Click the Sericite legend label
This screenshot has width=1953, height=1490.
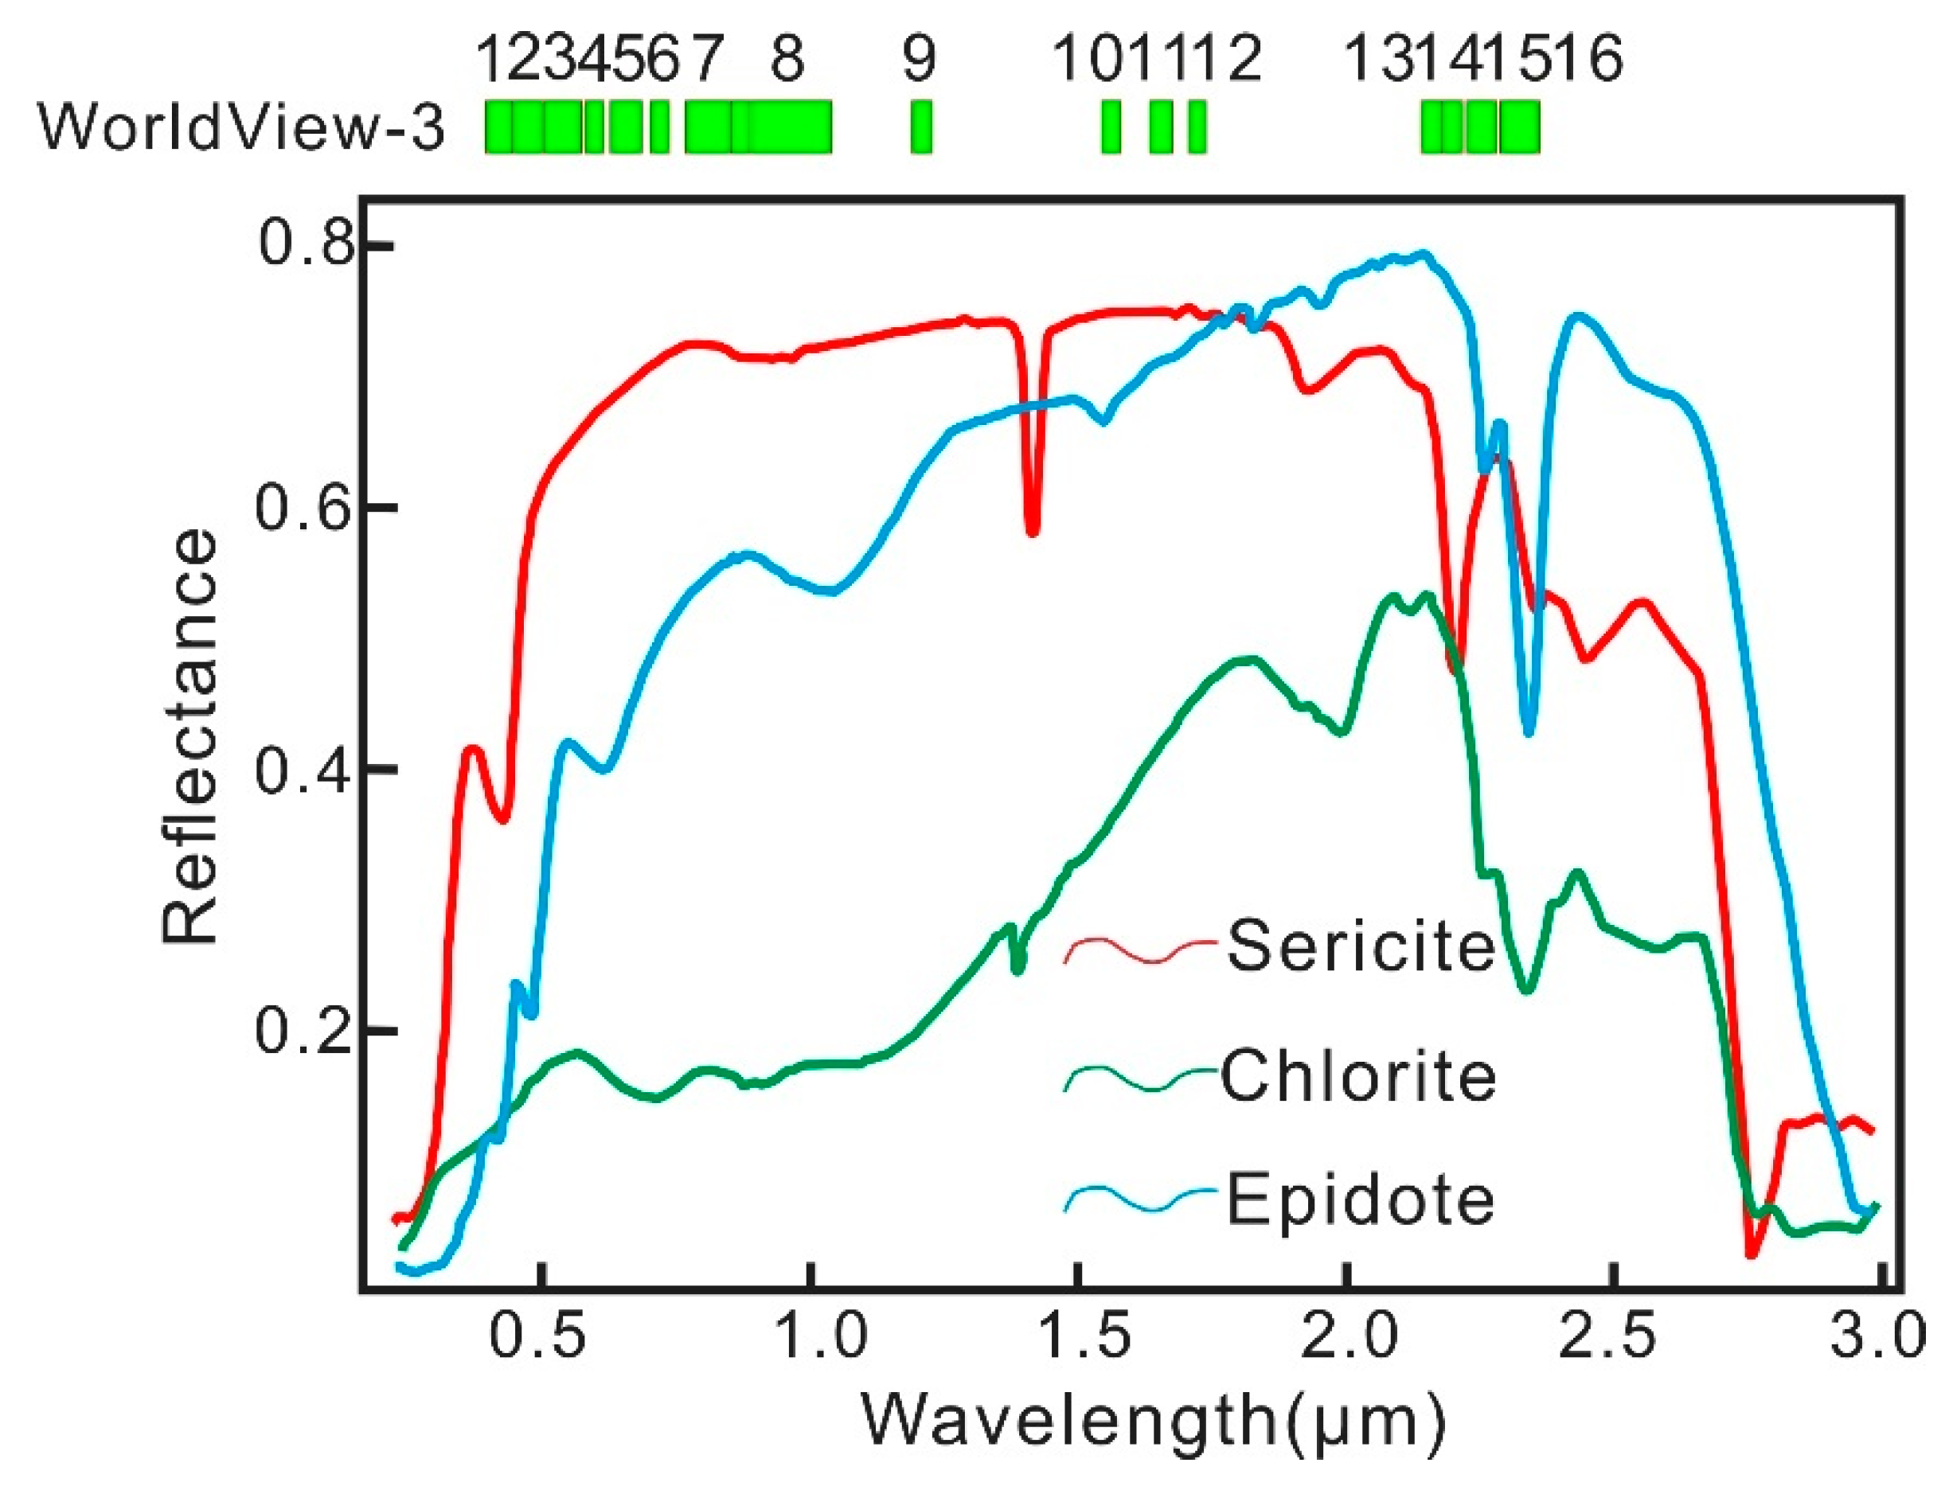point(1361,946)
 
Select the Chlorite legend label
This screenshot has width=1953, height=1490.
point(1359,1076)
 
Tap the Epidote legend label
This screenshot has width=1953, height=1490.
point(1361,1199)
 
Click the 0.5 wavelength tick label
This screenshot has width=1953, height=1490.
point(538,1337)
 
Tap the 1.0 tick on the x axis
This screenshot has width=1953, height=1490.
point(810,1337)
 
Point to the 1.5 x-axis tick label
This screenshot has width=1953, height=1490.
point(1076,1337)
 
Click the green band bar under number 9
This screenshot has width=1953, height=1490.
point(920,127)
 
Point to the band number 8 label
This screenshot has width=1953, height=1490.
point(787,59)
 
